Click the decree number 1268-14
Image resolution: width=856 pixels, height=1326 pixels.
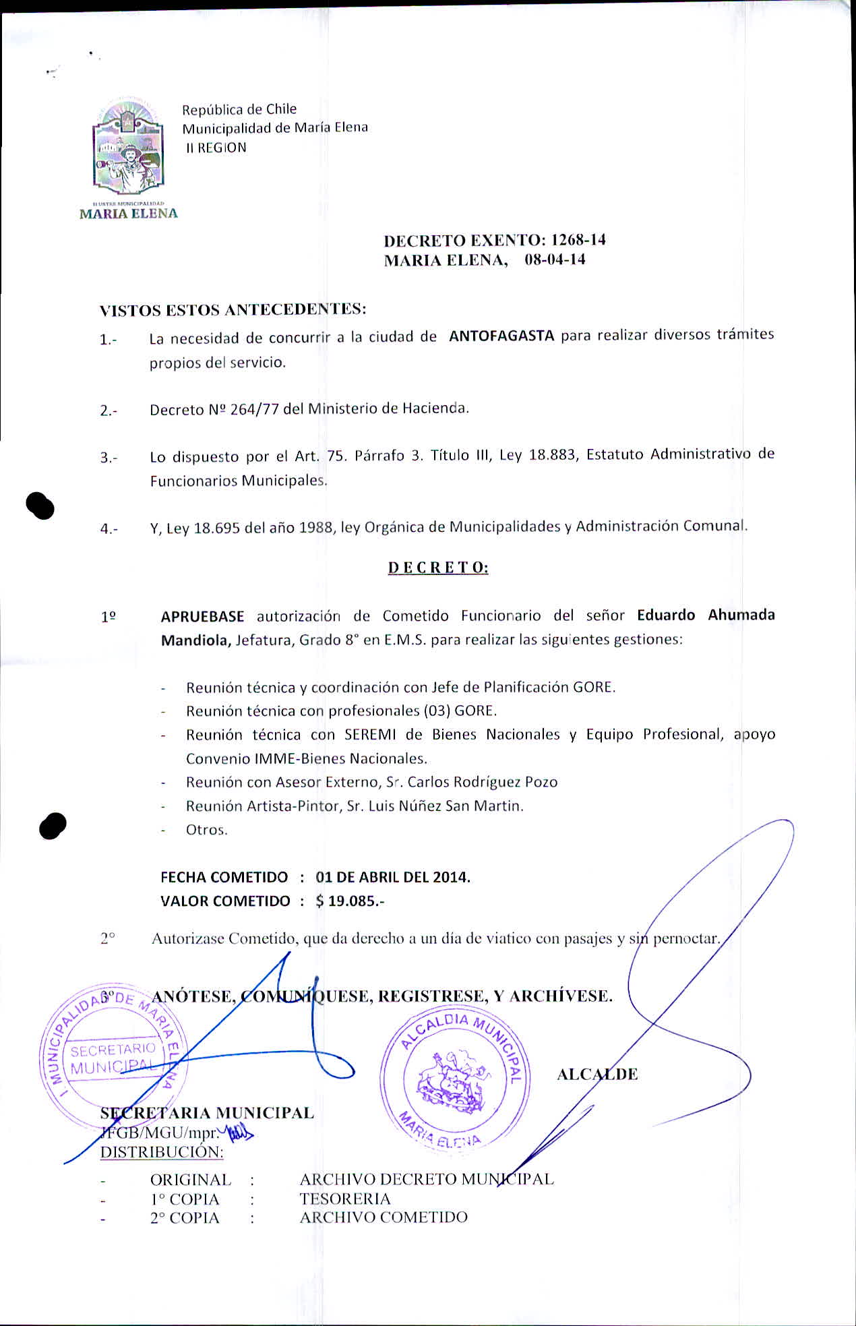click(x=578, y=240)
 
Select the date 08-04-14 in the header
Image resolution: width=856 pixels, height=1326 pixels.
click(x=555, y=260)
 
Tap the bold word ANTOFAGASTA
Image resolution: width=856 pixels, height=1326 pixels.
click(x=501, y=336)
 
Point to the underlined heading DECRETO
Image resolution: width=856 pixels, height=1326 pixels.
click(x=438, y=568)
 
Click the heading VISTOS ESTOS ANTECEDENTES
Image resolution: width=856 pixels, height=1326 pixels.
click(x=233, y=310)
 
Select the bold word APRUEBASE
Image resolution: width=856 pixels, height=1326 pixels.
click(x=202, y=616)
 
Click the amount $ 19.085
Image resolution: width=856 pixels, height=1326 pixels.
click(x=349, y=901)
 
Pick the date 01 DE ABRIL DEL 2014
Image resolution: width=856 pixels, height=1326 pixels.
click(x=393, y=877)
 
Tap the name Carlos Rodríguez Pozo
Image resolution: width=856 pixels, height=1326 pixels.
click(x=483, y=782)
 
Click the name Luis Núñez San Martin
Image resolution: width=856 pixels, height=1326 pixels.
click(x=445, y=806)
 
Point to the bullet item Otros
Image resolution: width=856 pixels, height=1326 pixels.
click(x=207, y=830)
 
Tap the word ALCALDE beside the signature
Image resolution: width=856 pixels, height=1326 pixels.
click(x=597, y=1075)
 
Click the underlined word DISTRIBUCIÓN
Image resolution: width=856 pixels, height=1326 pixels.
click(x=162, y=1152)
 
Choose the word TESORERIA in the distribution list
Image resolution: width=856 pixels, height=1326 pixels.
click(x=345, y=1199)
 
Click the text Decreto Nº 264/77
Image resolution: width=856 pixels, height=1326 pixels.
click(x=214, y=409)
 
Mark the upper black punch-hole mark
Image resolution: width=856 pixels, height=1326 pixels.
click(x=40, y=506)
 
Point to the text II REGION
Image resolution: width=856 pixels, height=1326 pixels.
click(x=216, y=148)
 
